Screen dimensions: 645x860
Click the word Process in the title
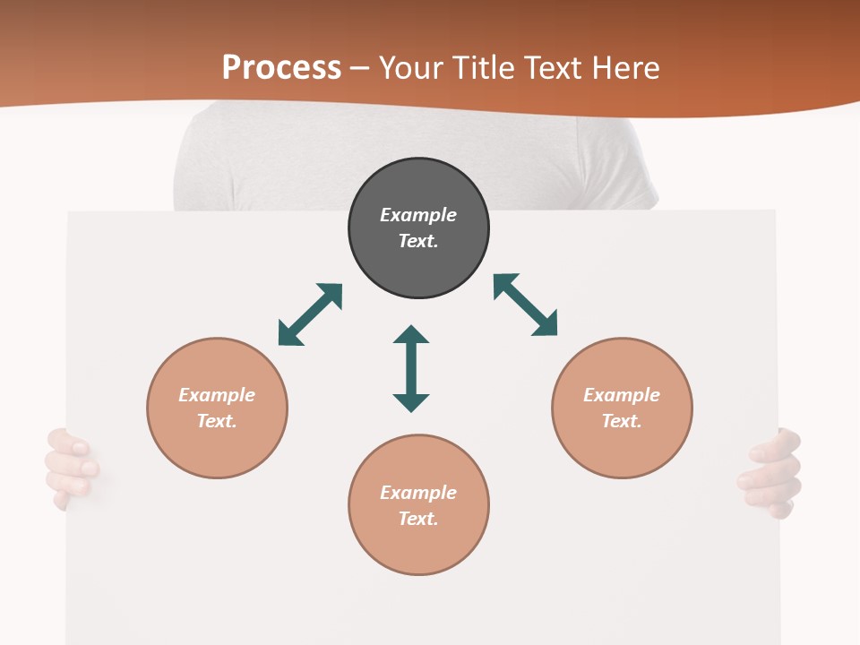pos(281,68)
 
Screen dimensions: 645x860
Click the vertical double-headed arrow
pos(411,369)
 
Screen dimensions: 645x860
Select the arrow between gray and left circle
pos(310,314)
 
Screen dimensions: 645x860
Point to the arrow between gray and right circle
pos(526,305)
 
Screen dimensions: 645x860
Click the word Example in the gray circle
pos(418,215)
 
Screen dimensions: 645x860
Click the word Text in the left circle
pos(217,421)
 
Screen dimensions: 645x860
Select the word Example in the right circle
pos(622,395)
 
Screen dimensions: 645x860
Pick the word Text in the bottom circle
pos(418,519)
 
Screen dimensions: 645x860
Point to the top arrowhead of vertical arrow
pos(411,336)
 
